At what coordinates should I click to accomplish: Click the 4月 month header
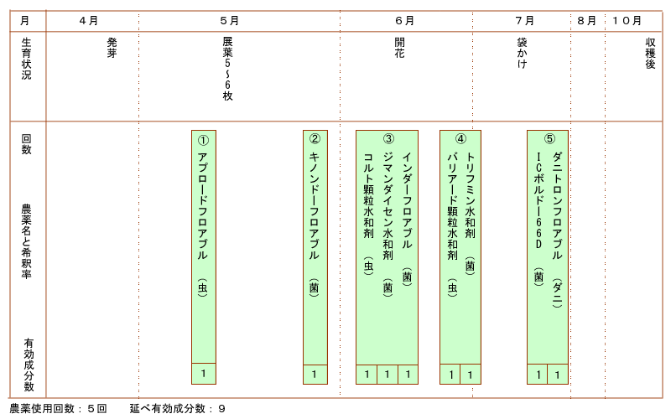click(x=87, y=20)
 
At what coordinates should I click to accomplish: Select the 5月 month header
click(x=229, y=20)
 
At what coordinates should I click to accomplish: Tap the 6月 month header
click(x=404, y=20)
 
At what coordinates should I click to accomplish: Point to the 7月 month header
click(x=525, y=20)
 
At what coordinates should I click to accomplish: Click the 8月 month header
click(x=586, y=20)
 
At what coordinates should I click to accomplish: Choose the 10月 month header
click(x=627, y=20)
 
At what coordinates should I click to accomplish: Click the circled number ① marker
click(x=203, y=139)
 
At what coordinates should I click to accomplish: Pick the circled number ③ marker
click(x=388, y=139)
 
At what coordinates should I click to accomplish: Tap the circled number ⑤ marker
click(x=549, y=139)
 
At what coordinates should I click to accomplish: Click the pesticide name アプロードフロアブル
click(x=202, y=205)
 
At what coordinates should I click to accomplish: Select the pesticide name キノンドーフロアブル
click(x=315, y=205)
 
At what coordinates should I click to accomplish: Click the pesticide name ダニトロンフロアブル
click(x=557, y=205)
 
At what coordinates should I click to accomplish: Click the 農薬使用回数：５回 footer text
click(x=58, y=409)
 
